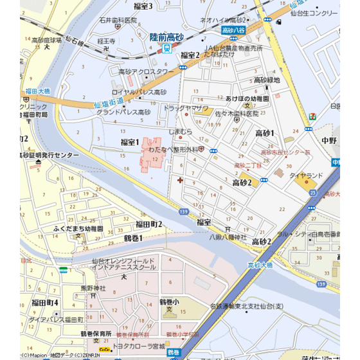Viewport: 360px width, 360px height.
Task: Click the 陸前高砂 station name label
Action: coord(166,37)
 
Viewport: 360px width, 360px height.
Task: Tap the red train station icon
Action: coord(167,48)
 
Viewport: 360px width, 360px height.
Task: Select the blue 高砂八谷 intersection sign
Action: coord(233,30)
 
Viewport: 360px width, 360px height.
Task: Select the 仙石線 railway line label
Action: coord(76,48)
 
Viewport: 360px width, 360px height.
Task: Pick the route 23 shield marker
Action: coord(312,192)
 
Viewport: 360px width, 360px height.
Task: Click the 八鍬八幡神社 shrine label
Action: coord(228,237)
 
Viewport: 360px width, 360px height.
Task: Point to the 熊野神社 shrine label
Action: coord(93,289)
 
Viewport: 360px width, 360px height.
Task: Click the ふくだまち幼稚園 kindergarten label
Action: coord(78,228)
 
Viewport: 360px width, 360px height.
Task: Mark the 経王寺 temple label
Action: coord(106,41)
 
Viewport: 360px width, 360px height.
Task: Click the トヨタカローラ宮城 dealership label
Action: coord(139,347)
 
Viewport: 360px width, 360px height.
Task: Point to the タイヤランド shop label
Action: coord(306,175)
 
